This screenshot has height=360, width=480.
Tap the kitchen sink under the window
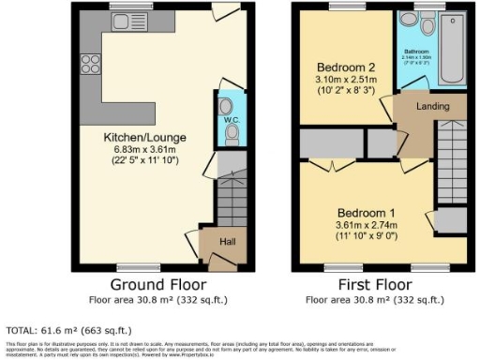pyautogui.click(x=125, y=22)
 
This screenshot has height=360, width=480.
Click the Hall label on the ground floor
pyautogui.click(x=226, y=242)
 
